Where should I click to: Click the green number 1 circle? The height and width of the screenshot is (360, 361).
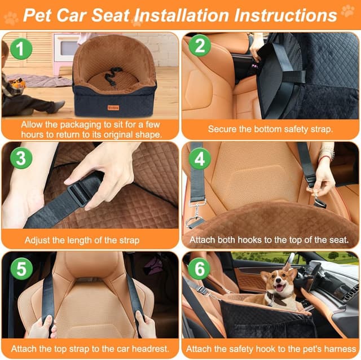point(20,50)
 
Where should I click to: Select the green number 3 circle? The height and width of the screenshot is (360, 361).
point(20,159)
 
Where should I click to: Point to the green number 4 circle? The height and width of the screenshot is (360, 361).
point(199,159)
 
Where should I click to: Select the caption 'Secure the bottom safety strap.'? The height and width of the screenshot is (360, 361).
point(270,129)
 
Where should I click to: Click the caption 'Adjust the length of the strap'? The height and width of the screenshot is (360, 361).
point(90,240)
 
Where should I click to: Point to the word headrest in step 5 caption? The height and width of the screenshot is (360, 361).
point(149,348)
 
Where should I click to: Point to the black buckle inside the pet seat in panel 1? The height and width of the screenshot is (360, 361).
point(115,72)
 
